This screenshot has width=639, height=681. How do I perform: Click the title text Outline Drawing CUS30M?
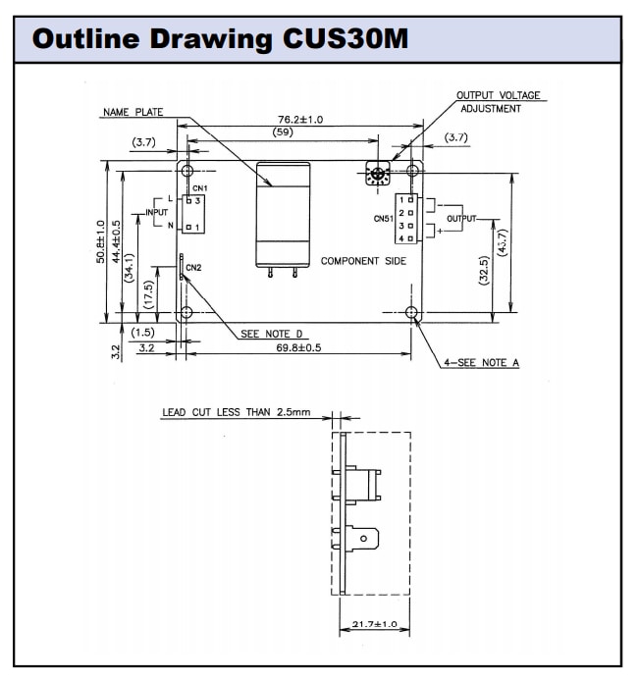[221, 39]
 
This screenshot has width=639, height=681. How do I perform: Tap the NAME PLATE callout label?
[133, 113]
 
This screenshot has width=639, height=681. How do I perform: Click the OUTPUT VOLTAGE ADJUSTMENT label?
[498, 102]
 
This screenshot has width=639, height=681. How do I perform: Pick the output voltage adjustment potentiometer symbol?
[378, 175]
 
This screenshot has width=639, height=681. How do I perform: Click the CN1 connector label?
[200, 187]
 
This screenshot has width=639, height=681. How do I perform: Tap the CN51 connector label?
[383, 219]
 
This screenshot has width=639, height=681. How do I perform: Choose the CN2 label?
[193, 267]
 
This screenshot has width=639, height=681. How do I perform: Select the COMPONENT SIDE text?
[363, 262]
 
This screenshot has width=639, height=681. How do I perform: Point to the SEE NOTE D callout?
[264, 334]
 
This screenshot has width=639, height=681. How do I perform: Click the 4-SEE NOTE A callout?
[480, 363]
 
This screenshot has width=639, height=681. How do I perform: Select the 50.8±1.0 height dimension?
[101, 240]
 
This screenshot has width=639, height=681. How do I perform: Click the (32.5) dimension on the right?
[483, 271]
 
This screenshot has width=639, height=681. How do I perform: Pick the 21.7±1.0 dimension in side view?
[374, 624]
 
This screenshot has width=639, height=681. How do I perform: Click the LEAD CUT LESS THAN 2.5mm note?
[236, 412]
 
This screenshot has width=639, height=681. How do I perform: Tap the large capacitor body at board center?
[283, 215]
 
